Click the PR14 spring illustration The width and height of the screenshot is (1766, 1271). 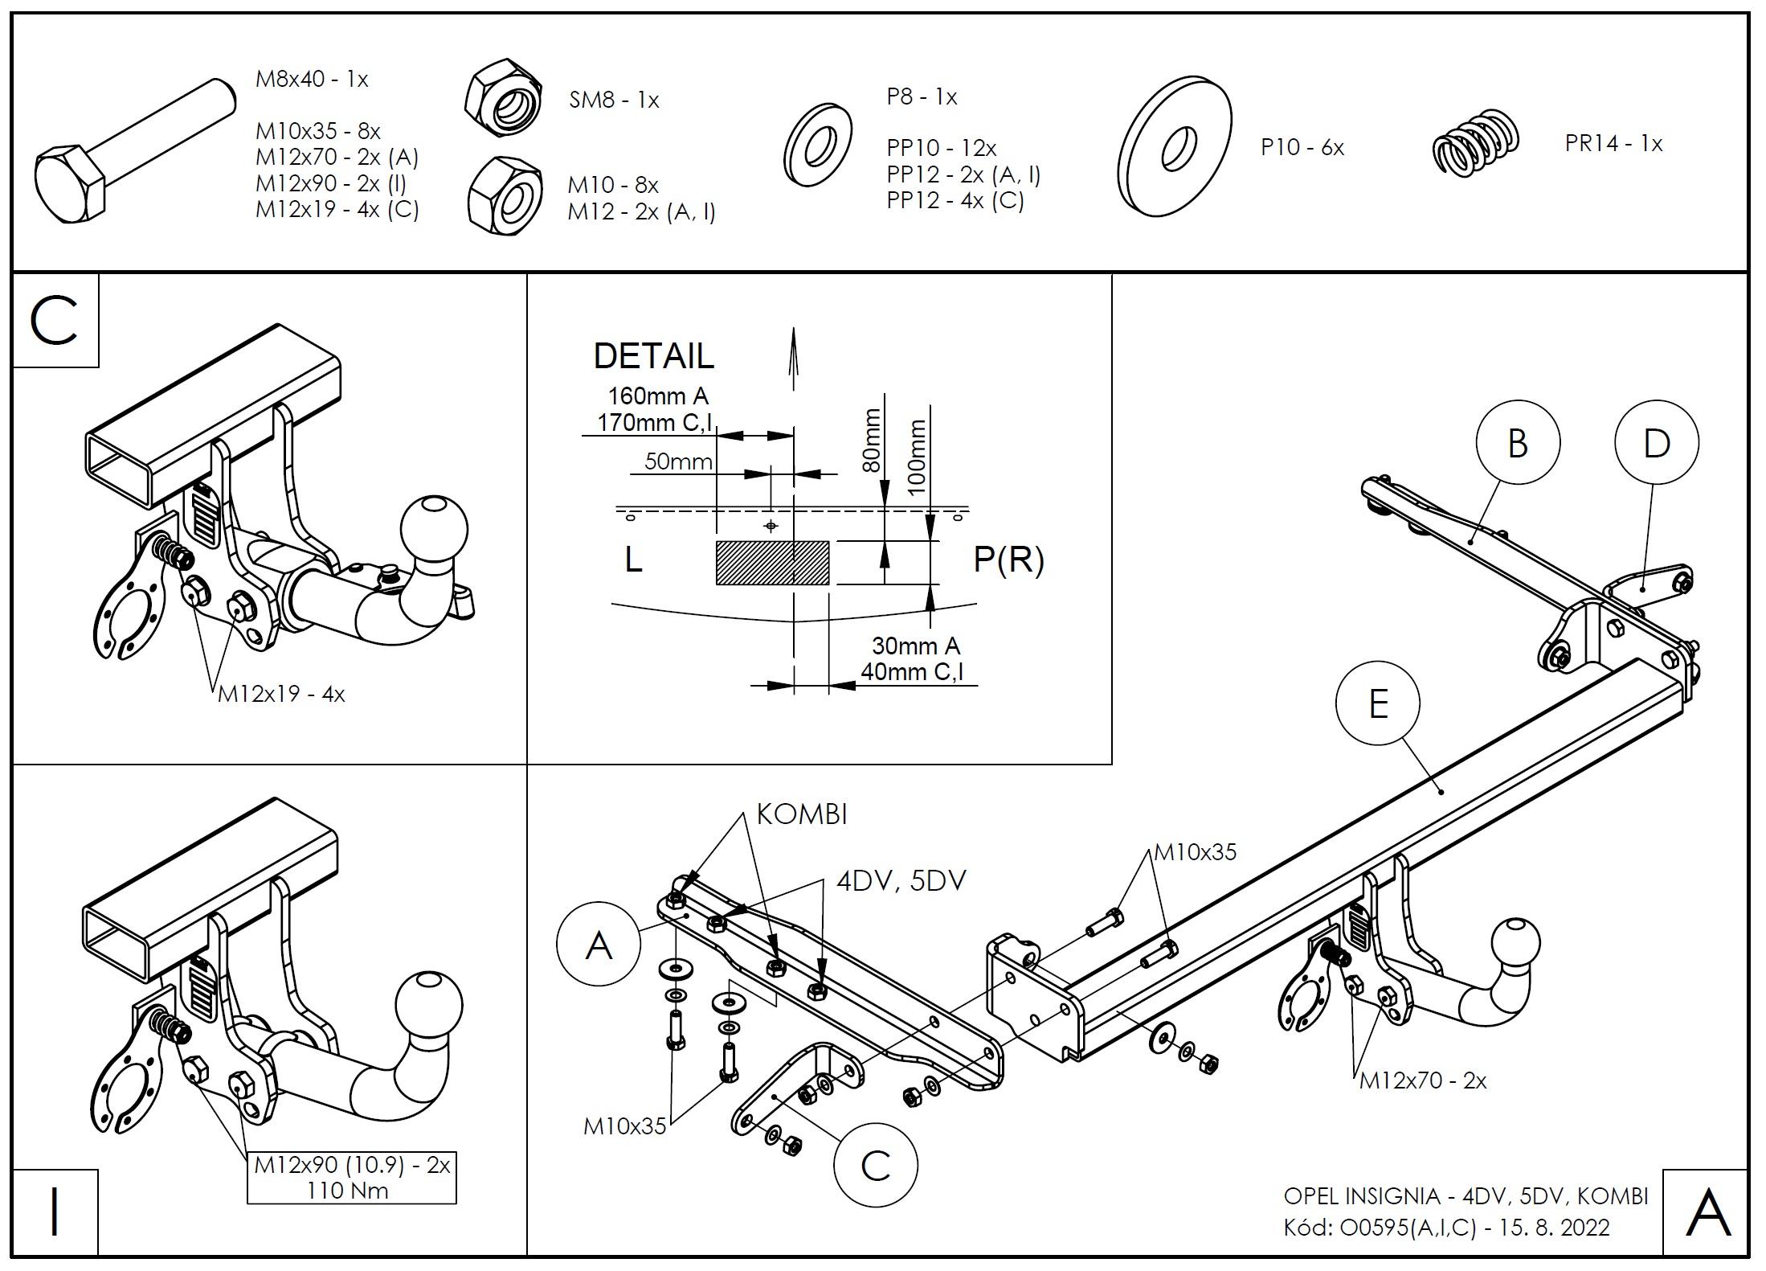pos(1477,143)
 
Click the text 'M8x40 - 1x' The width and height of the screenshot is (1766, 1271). pos(312,79)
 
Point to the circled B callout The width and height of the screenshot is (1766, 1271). pos(1518,443)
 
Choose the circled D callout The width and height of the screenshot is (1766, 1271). pos(1657,443)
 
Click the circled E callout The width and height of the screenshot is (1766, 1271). pos(1378,704)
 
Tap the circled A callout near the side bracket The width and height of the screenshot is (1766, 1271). pos(599,945)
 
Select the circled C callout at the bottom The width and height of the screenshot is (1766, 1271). pos(876,1165)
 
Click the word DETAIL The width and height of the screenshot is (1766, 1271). pos(653,356)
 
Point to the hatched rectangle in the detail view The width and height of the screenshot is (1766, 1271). pos(772,562)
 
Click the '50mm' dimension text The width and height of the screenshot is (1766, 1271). pos(678,461)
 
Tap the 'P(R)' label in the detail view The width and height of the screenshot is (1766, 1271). pos(1008,560)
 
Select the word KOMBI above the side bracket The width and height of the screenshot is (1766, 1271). pos(802,814)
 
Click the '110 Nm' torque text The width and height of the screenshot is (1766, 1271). pos(348,1191)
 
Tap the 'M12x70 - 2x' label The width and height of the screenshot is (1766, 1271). pos(1423,1080)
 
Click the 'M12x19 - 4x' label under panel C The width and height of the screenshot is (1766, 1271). pos(281,694)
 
